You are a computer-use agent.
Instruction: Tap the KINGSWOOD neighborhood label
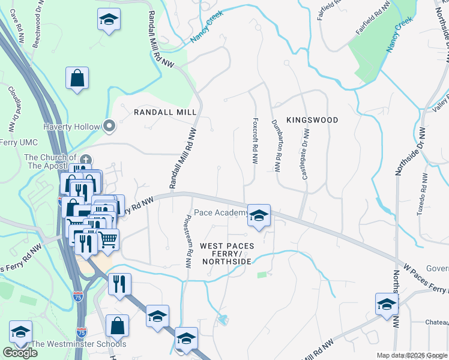coord(312,120)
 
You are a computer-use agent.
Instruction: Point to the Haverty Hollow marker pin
coord(109,126)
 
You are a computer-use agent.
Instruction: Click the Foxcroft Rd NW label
coord(255,141)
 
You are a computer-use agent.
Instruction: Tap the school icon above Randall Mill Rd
coord(109,20)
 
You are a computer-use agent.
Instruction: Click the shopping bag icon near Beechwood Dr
coord(77,77)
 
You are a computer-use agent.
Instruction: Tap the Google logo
coord(19,353)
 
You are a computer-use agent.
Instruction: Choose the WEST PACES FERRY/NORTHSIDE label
coord(227,254)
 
